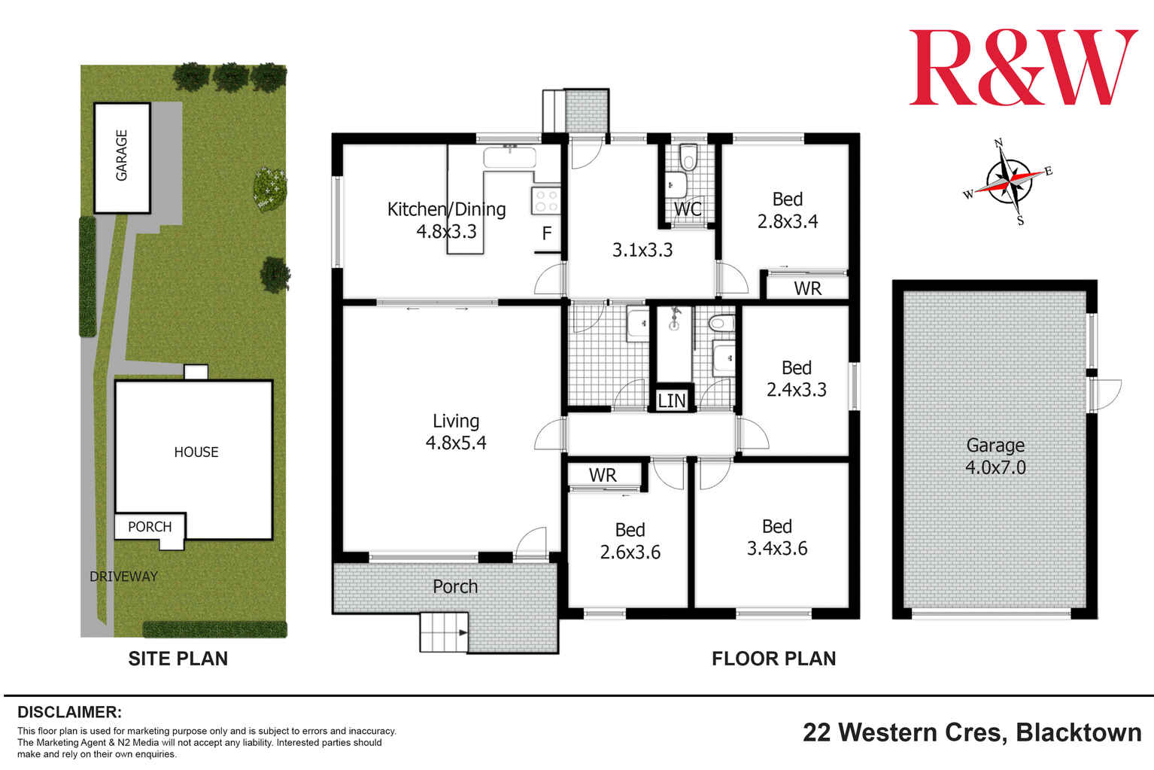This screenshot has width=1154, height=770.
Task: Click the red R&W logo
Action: pos(1022,68)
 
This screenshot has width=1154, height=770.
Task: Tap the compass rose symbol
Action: pos(1009,181)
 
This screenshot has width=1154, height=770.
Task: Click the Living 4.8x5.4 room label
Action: pos(456,432)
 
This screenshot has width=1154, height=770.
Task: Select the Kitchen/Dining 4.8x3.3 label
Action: pos(446,220)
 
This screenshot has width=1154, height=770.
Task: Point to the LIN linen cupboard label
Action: pos(672,401)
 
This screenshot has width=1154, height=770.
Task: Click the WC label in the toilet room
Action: pos(688,209)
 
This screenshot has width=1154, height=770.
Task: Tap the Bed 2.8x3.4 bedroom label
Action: pos(787,210)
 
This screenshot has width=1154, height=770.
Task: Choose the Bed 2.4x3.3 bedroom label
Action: pos(796,379)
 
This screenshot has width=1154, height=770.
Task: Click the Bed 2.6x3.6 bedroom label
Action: pos(630,541)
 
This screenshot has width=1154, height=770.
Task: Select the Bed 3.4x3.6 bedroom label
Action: pos(776,537)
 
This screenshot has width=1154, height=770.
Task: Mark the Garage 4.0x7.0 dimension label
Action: pos(995,456)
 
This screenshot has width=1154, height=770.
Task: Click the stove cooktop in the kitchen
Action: pos(546,200)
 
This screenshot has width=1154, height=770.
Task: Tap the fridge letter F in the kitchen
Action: pos(547,233)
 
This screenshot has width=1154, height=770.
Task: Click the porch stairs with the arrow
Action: pos(445,632)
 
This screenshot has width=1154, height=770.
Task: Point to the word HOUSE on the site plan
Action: pos(196,452)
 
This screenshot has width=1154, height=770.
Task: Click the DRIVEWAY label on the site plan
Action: pos(123,577)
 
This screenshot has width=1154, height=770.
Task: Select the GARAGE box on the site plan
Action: pos(122,157)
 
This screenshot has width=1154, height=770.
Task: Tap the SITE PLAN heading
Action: pos(178,659)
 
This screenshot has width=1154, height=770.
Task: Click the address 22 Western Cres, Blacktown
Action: pos(972,732)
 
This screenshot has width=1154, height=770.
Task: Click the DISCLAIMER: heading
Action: pos(69,712)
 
